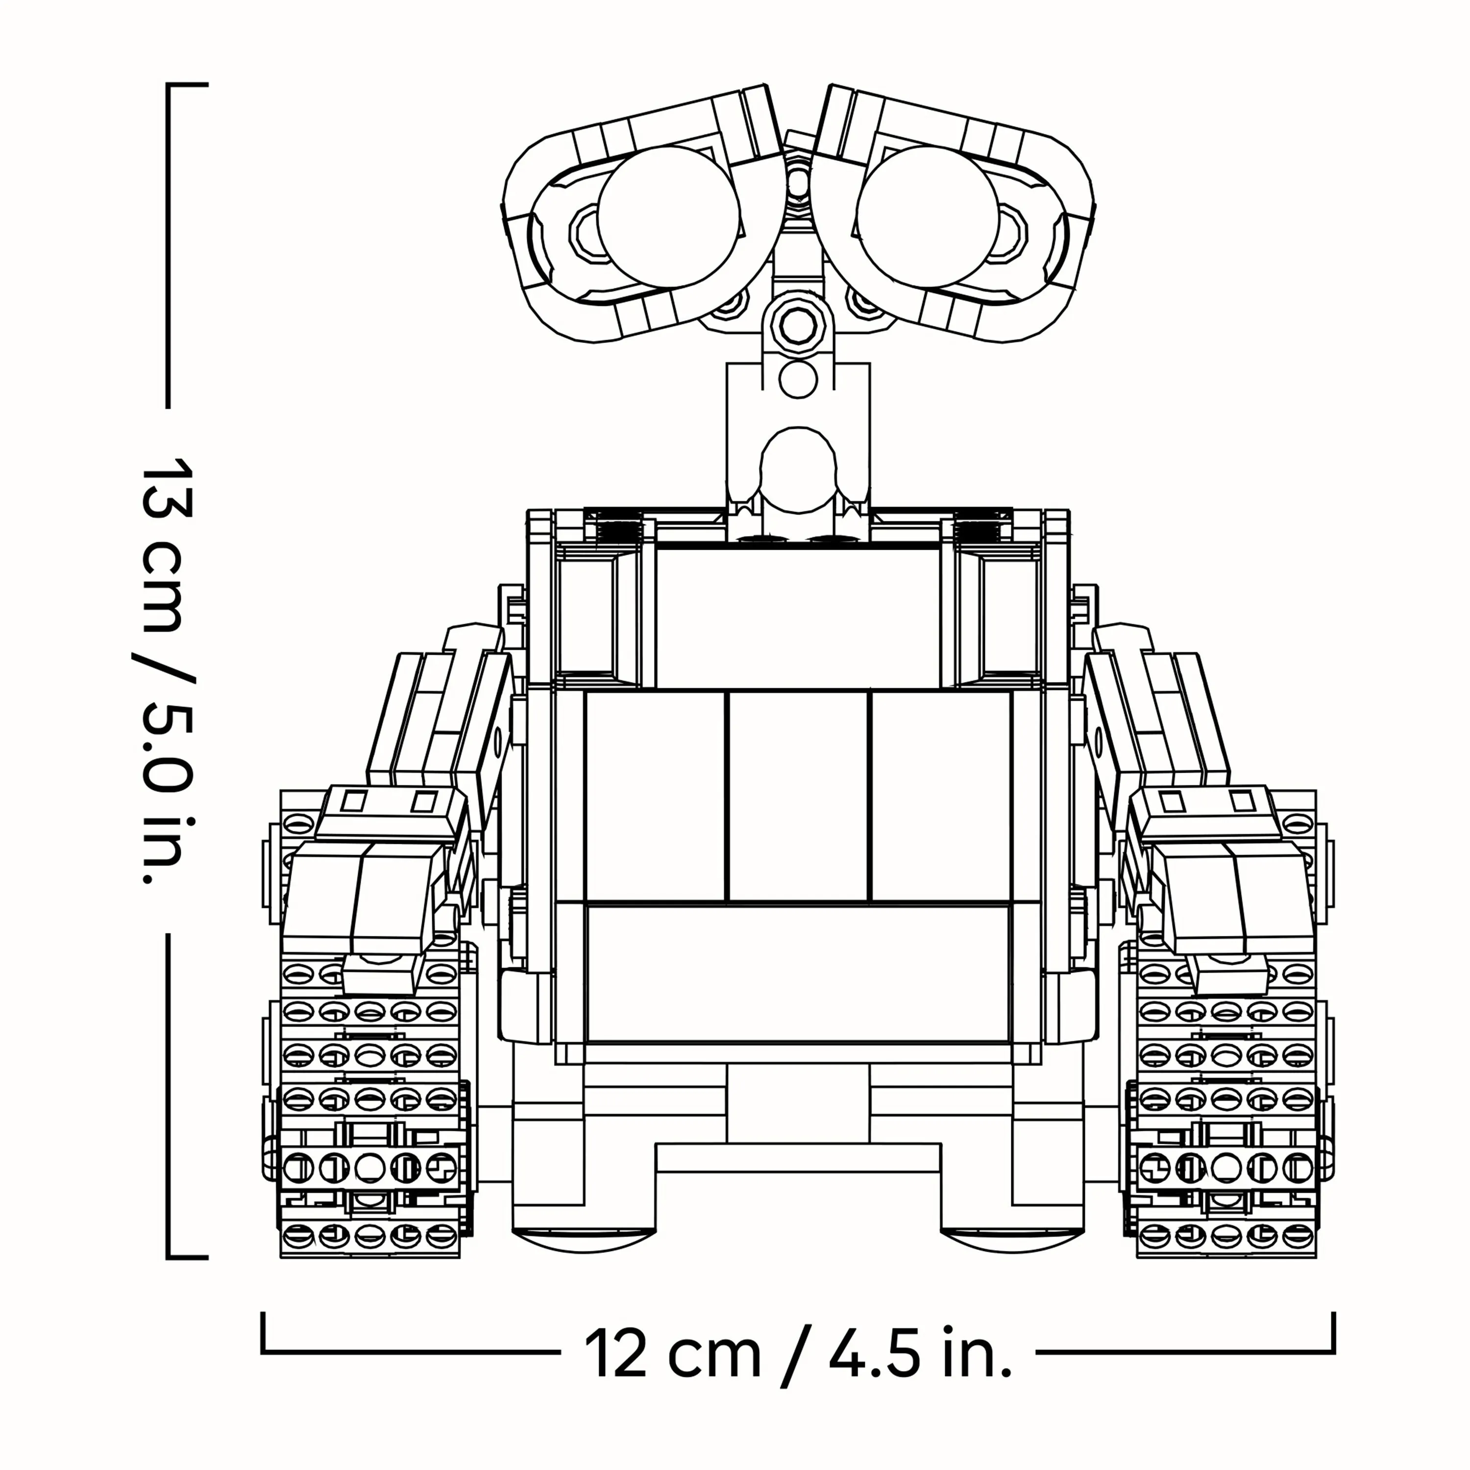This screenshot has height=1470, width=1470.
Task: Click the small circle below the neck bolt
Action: (x=797, y=378)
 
